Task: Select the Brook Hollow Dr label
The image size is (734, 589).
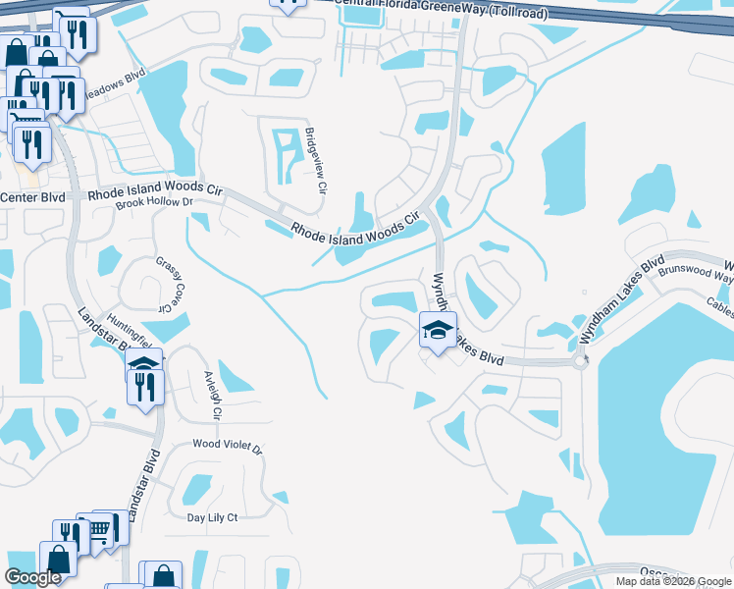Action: (150, 202)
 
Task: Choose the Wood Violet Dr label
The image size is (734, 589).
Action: (227, 447)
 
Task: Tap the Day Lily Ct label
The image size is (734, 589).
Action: (212, 516)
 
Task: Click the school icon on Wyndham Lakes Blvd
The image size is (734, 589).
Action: (438, 329)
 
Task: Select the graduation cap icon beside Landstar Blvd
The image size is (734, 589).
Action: (144, 365)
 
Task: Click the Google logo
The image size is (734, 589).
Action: (32, 577)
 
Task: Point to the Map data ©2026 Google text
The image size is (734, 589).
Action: (673, 581)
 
